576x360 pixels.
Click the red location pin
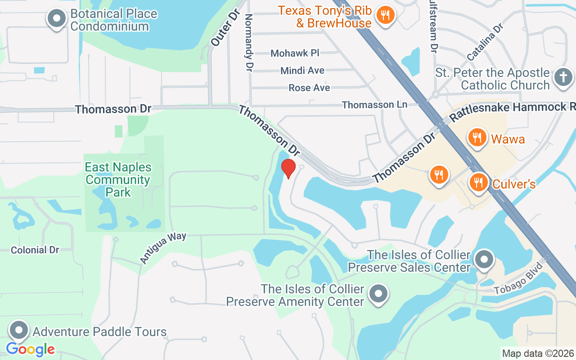coord(288,168)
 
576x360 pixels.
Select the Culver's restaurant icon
coord(478,182)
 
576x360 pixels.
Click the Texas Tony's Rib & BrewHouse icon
coord(385,15)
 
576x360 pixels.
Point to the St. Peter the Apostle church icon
coord(562,77)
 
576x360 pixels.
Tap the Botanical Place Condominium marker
coord(57,19)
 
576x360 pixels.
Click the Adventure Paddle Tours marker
coord(19,330)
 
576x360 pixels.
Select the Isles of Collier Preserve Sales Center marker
coord(484,260)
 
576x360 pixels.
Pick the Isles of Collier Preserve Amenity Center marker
coord(378,293)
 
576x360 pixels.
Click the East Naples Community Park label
coord(118,180)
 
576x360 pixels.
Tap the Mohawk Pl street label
coord(295,53)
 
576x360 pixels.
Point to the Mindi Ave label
coord(302,71)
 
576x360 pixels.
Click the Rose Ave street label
coord(309,88)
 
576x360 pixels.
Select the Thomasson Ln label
coord(374,105)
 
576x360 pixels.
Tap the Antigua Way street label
coord(162,247)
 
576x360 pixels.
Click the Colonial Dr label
coord(35,250)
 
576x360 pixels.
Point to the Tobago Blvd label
coord(518,282)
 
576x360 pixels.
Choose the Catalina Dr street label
coord(484,42)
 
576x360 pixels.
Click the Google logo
coord(30,349)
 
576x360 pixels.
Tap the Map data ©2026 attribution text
coord(538,353)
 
